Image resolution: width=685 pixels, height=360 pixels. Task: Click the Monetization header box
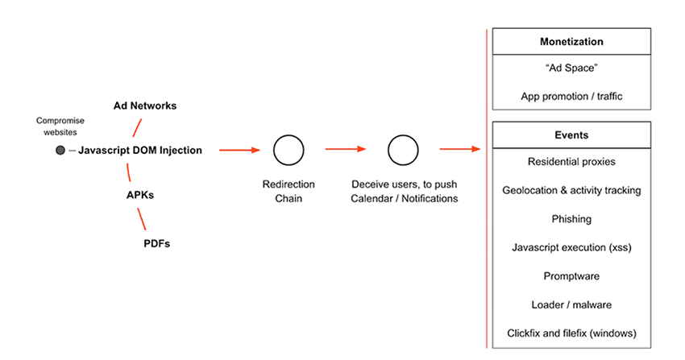tap(571, 42)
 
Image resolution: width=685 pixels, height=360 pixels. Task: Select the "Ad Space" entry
tap(571, 69)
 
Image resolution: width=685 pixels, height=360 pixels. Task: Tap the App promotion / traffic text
tap(571, 97)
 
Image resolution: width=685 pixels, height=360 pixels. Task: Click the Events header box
tap(571, 135)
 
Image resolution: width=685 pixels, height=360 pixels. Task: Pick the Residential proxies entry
tap(571, 162)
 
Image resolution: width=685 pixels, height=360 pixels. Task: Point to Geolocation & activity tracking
tap(571, 191)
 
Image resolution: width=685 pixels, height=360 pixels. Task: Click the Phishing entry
tap(571, 219)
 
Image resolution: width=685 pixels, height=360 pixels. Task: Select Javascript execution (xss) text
tap(571, 247)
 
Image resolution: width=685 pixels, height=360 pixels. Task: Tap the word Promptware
tap(571, 276)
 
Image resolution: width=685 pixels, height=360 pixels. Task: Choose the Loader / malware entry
tap(571, 304)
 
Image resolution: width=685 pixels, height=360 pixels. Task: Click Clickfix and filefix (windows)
tap(571, 333)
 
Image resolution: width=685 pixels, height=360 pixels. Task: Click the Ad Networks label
tap(144, 106)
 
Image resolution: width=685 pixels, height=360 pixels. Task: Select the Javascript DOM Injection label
tap(140, 151)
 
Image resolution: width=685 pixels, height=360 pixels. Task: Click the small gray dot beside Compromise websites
tap(60, 151)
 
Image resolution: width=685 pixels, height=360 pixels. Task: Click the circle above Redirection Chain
tap(288, 150)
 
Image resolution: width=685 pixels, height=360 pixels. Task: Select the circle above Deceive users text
tap(402, 150)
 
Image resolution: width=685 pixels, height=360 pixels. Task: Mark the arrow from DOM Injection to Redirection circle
tap(239, 150)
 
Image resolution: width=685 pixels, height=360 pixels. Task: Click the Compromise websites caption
tap(60, 126)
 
